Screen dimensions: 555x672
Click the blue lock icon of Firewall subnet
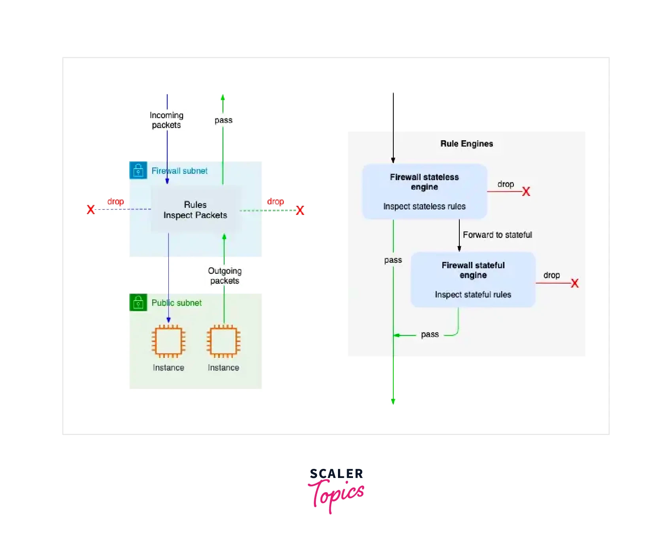point(138,170)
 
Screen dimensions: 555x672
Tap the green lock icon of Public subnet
point(138,303)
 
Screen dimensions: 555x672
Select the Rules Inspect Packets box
point(195,210)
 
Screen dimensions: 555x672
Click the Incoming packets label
point(166,120)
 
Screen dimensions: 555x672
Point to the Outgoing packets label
point(225,276)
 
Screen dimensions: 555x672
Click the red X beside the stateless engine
point(526,192)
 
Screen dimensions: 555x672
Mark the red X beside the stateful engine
point(574,283)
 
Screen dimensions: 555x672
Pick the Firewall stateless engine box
point(425,191)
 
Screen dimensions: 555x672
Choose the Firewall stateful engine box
point(473,279)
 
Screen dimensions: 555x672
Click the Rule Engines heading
point(466,144)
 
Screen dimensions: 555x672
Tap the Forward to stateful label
point(497,235)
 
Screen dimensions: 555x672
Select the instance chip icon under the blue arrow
point(168,341)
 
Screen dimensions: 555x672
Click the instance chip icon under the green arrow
point(223,341)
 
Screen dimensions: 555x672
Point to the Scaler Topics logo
point(336,490)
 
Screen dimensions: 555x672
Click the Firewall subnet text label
point(179,171)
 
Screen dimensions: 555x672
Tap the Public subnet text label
point(177,303)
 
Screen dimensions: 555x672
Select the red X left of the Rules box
point(91,210)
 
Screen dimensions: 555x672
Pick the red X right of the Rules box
point(300,210)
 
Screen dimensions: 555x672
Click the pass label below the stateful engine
point(430,335)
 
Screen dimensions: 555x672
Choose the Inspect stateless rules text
point(424,207)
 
